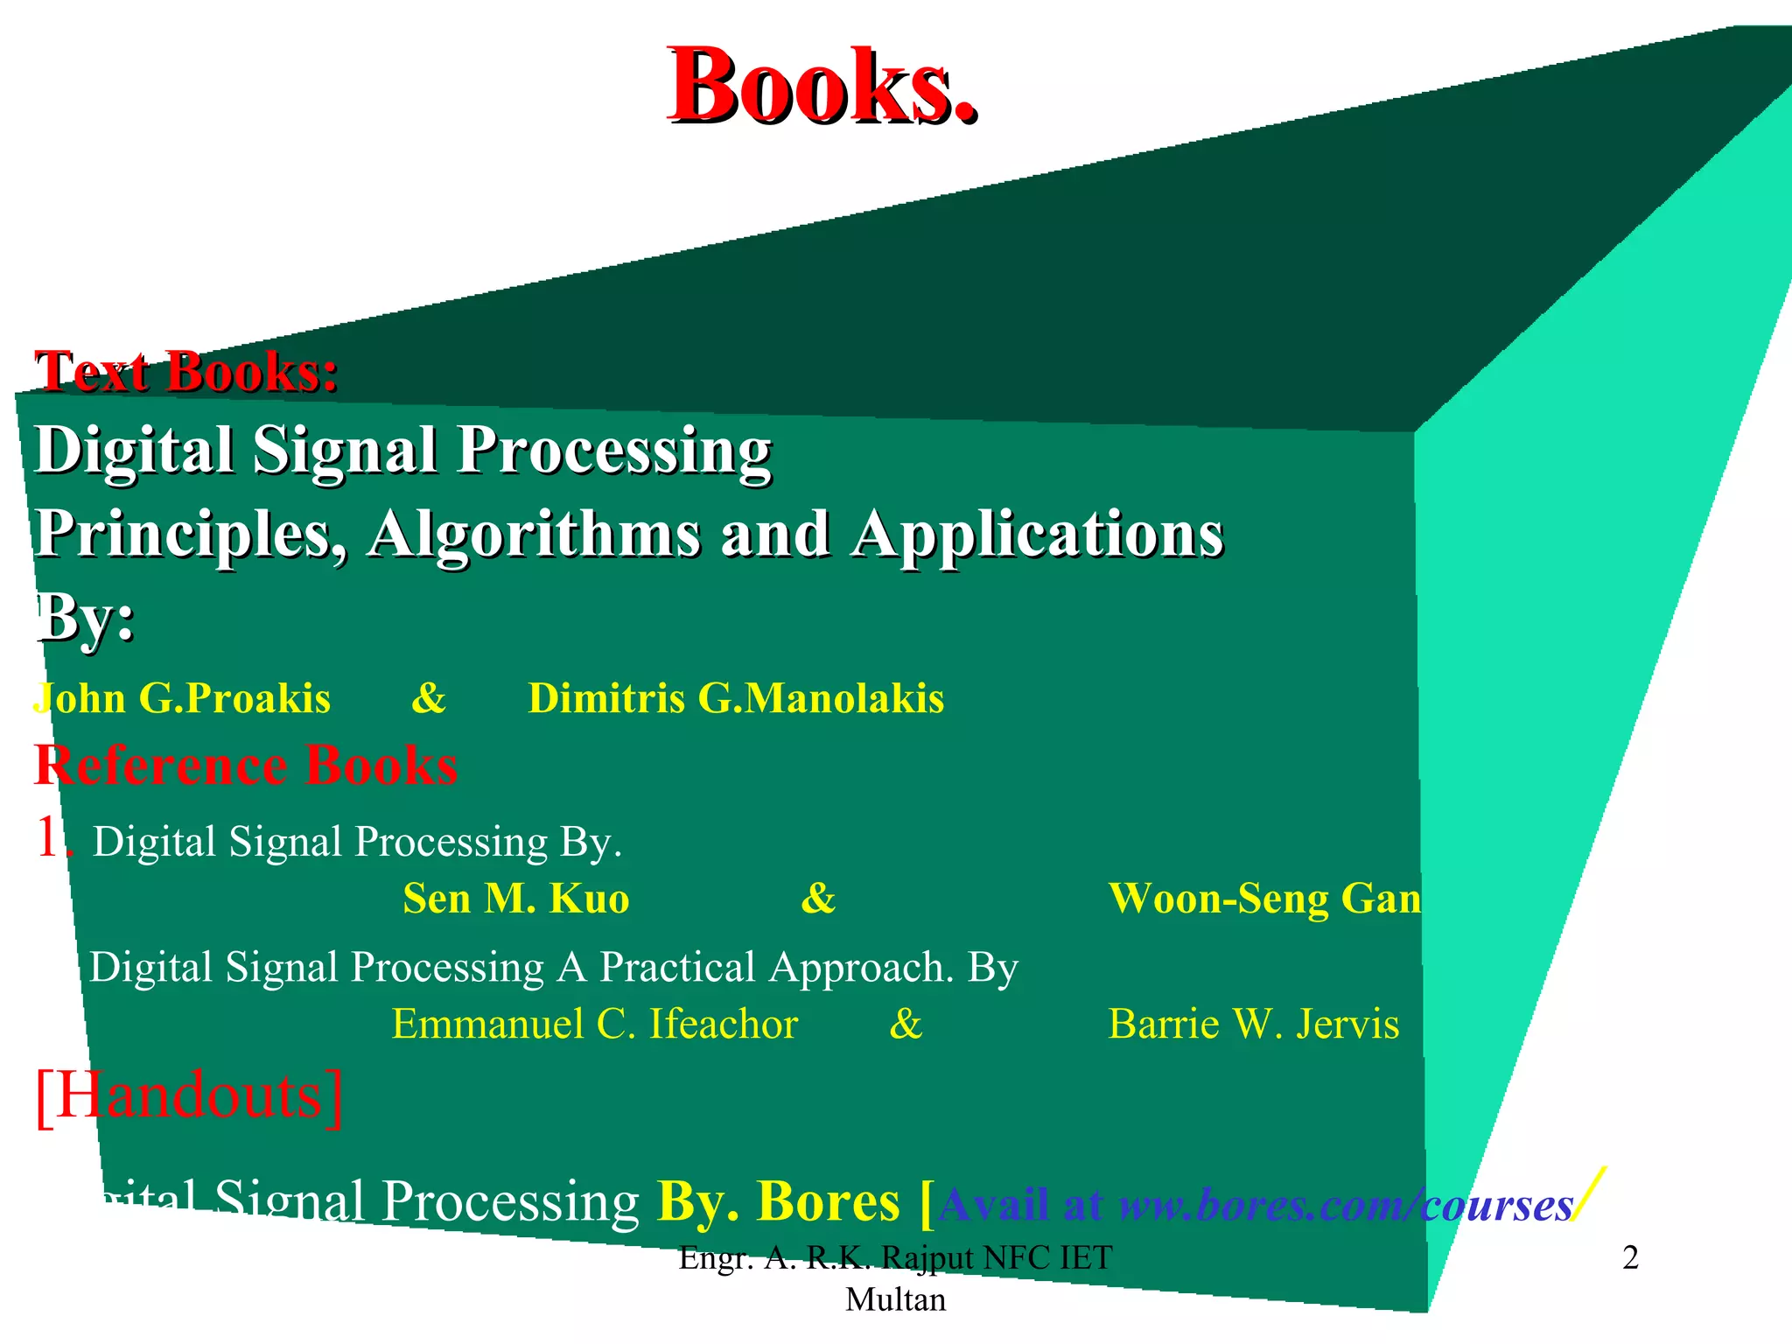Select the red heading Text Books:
point(186,372)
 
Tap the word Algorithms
point(534,534)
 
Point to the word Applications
point(1037,534)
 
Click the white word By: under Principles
point(86,618)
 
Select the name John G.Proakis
point(182,699)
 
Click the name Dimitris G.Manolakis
point(736,699)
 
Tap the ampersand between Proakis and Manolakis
point(429,699)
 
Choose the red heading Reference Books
point(246,766)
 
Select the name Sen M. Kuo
point(516,899)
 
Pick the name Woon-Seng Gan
point(1264,899)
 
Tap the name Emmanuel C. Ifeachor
point(595,1025)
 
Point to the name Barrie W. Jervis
point(1253,1025)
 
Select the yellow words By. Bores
point(778,1202)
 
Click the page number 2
point(1630,1258)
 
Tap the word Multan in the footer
point(895,1300)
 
